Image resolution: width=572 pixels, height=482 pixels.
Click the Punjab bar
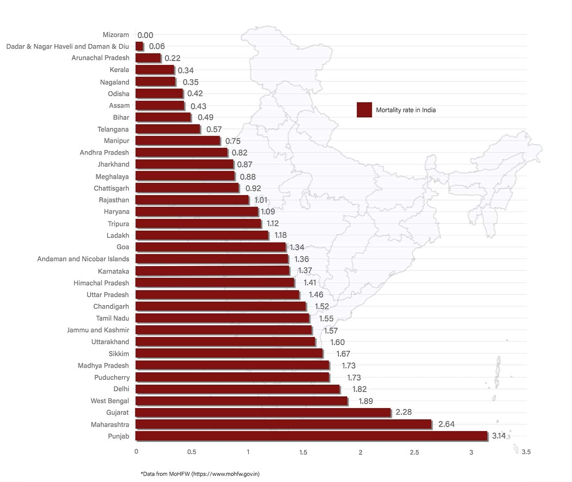311,436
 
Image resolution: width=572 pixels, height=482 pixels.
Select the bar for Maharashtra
283,424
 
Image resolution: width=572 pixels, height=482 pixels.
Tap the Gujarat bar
263,412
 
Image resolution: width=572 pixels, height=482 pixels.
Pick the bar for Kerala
155,69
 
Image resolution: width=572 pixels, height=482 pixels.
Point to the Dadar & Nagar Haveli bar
139,46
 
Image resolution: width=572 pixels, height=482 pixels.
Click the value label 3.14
499,436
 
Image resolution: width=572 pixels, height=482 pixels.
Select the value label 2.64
446,424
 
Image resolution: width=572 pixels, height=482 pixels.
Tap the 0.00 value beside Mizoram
145,35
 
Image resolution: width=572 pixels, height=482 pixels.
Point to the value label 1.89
366,401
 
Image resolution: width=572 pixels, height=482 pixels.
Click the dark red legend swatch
364,110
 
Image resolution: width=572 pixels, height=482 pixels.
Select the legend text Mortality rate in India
406,110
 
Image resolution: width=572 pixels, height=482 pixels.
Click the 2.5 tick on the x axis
414,452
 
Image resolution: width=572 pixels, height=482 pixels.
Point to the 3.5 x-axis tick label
526,452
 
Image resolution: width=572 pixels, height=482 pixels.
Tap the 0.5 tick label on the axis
192,452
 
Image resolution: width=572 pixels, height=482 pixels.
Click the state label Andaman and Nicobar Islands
83,259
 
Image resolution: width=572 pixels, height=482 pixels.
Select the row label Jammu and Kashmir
98,330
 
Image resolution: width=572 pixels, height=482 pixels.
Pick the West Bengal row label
110,401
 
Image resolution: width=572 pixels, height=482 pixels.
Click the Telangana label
113,129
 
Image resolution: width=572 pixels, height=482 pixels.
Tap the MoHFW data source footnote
200,474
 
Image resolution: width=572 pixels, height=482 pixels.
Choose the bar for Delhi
237,389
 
